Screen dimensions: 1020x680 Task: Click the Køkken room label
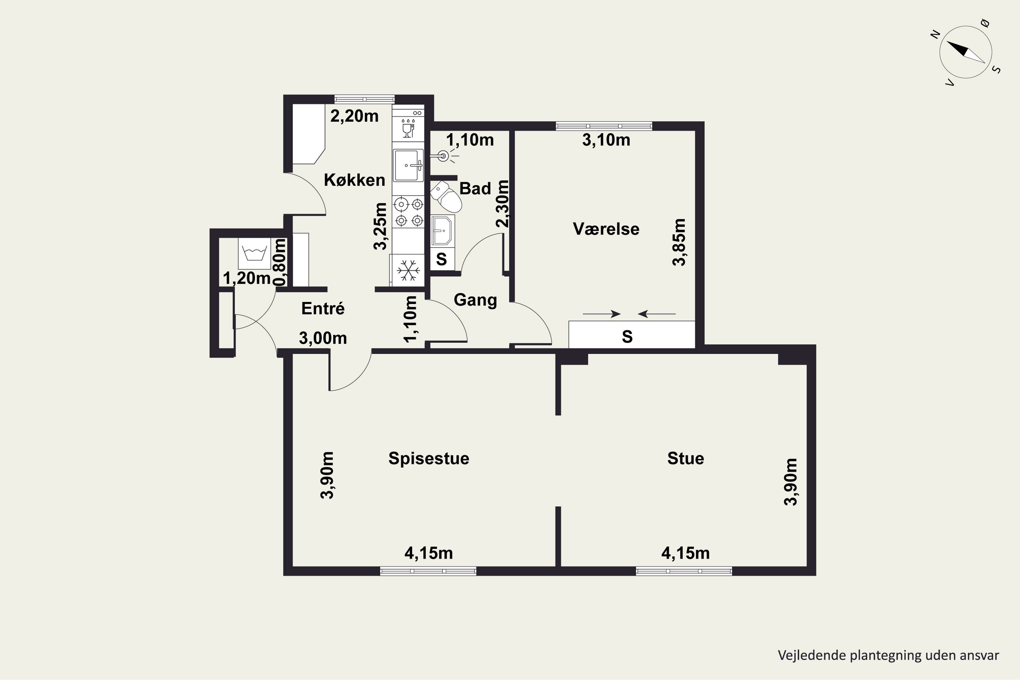click(354, 180)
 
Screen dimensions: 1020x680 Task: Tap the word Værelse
click(606, 229)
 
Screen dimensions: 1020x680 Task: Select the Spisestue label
click(428, 458)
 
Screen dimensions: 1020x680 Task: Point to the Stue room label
click(685, 458)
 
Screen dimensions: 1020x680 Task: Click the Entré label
click(323, 308)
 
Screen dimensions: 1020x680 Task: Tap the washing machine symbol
click(254, 253)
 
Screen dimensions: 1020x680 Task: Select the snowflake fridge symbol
click(408, 270)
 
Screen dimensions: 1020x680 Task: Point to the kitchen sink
click(408, 165)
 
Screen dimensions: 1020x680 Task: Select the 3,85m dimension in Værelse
click(679, 242)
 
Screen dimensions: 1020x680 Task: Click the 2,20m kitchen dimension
click(354, 116)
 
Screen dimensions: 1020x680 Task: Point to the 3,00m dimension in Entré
click(323, 338)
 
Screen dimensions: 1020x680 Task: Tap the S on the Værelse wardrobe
click(627, 337)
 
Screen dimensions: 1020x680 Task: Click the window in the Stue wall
click(684, 571)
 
